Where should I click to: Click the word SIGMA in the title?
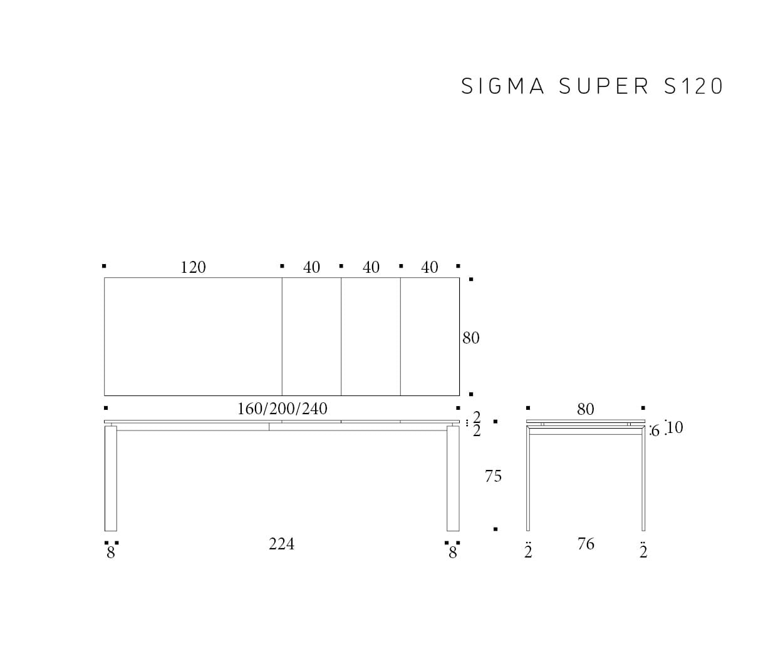[502, 86]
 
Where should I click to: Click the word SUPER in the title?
[603, 86]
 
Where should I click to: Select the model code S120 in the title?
[693, 86]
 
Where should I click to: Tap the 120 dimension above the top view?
[193, 268]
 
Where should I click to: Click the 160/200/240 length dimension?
[283, 409]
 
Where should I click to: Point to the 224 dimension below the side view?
[282, 544]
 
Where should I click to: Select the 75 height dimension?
[493, 476]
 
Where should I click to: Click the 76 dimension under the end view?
[586, 544]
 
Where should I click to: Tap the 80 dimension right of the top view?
[470, 338]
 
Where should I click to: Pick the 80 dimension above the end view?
[586, 409]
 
